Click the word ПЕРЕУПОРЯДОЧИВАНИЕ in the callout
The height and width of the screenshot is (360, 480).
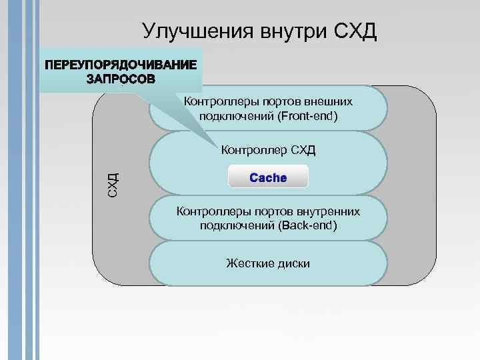point(121,66)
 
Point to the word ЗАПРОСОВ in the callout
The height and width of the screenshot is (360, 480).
point(121,79)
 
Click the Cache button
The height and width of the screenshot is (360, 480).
point(268,177)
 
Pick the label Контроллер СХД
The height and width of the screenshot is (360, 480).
point(268,149)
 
